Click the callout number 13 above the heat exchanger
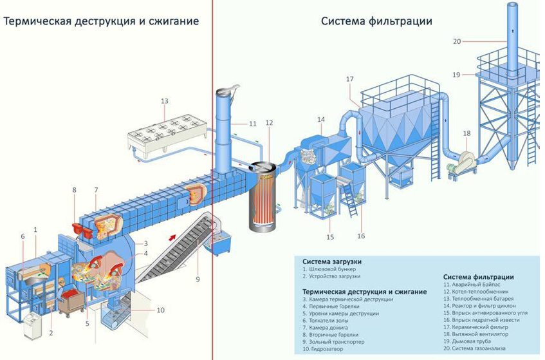165,101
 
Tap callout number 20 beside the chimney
457,41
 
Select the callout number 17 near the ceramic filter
349,79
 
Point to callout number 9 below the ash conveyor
198,279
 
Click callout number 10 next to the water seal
161,310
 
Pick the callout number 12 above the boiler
270,123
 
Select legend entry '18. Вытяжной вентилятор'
476,334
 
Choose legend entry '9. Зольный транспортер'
333,341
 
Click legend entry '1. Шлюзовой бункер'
329,269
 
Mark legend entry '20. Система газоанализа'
474,348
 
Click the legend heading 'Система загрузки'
332,261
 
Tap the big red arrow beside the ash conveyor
172,237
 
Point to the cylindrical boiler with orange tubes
263,196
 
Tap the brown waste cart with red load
71,302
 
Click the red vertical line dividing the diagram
212,180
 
